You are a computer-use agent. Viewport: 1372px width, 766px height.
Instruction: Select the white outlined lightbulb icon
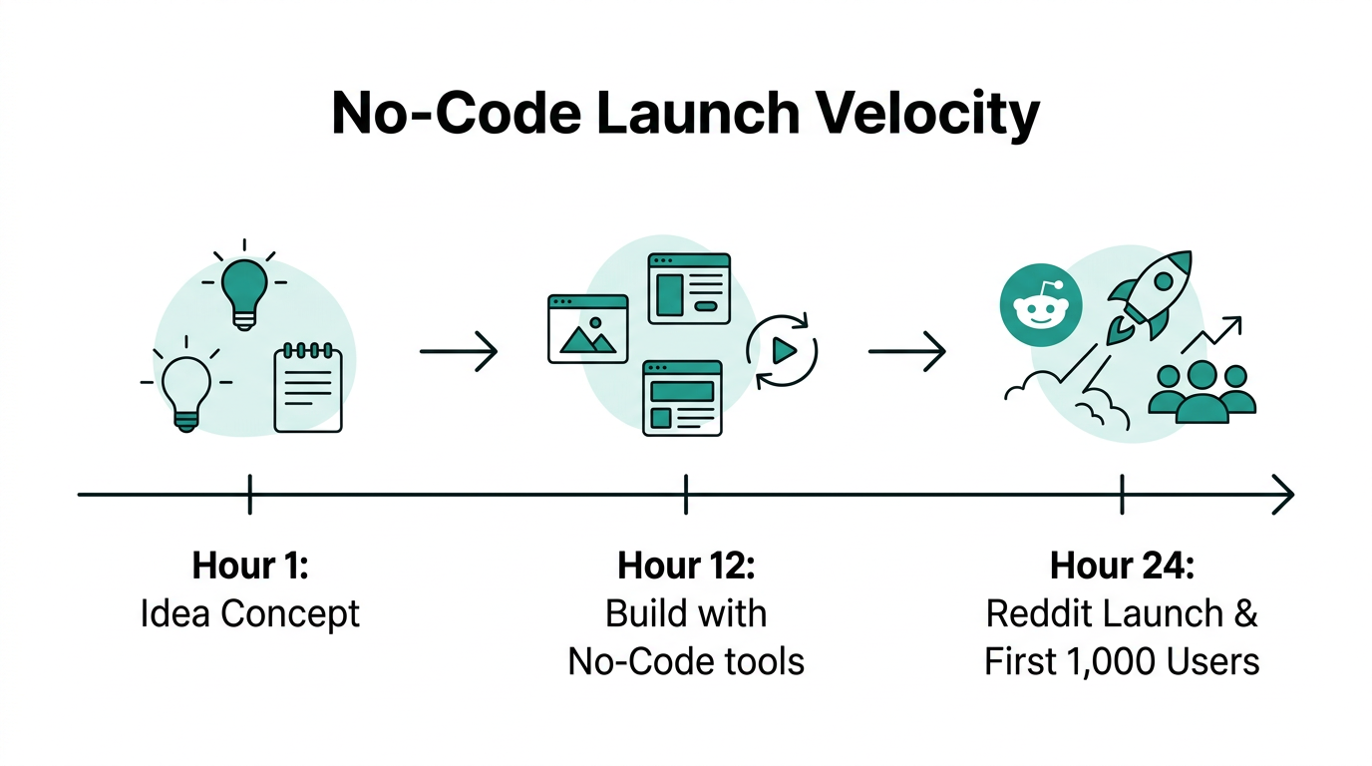pos(186,388)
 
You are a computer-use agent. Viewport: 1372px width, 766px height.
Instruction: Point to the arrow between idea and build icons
pos(458,351)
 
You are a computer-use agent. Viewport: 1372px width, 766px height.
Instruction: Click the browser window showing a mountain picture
pos(588,328)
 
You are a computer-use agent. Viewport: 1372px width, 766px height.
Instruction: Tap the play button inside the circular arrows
pos(783,350)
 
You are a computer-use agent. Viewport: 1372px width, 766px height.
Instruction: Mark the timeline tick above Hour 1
pos(249,494)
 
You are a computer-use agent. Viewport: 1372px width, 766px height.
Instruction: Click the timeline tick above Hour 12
pos(686,494)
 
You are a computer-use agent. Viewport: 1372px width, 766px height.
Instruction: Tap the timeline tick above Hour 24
pos(1123,494)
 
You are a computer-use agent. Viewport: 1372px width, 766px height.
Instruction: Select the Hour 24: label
pos(1122,566)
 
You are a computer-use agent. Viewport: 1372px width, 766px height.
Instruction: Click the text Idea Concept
pos(249,613)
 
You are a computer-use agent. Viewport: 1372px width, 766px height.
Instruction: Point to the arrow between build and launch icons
pos(906,351)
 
